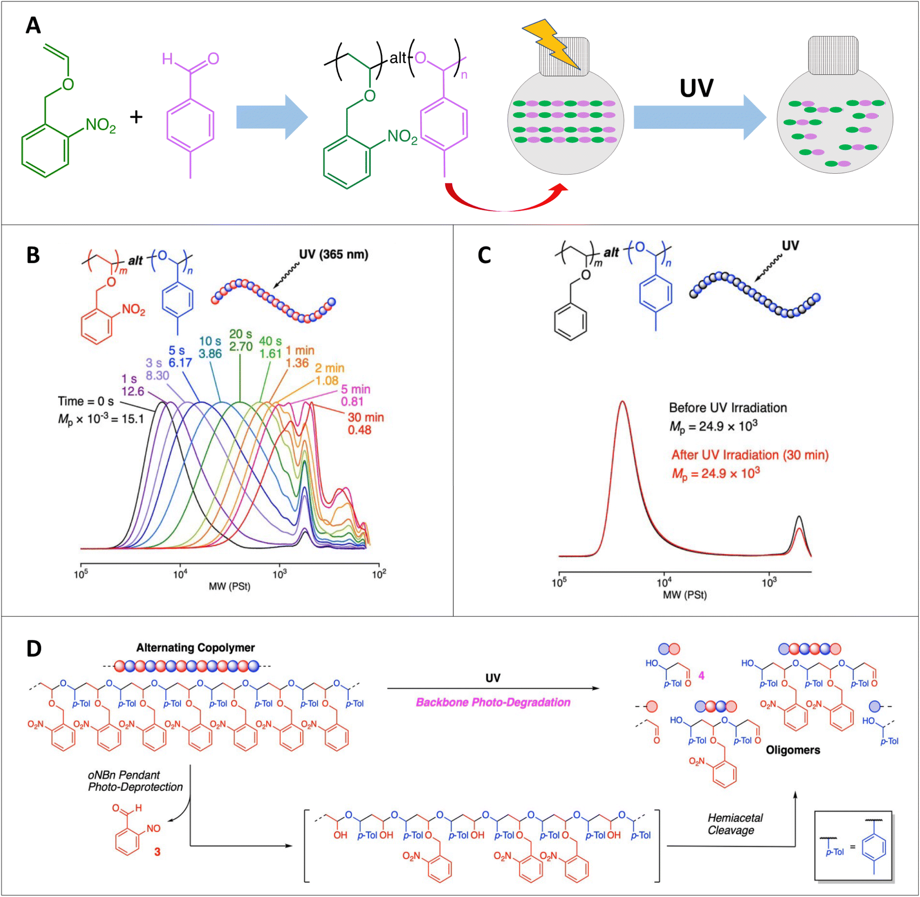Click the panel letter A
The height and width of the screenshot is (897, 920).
click(x=33, y=25)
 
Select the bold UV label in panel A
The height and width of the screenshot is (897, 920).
click(x=697, y=88)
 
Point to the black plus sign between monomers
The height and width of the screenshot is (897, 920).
click(x=136, y=117)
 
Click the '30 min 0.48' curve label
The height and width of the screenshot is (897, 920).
click(x=366, y=424)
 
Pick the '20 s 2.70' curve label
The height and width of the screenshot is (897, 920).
click(x=241, y=341)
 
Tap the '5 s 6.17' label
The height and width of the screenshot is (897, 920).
click(x=180, y=357)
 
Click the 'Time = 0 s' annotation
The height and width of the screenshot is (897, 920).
click(x=86, y=401)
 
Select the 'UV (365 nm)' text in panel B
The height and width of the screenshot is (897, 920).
click(x=334, y=254)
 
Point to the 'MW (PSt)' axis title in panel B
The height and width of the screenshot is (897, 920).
click(x=230, y=587)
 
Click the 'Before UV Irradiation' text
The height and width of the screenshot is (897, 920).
click(x=728, y=407)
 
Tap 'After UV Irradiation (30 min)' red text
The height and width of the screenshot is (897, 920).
click(x=750, y=455)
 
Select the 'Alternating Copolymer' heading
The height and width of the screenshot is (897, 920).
click(x=196, y=648)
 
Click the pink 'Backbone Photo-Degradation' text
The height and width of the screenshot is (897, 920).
click(x=493, y=702)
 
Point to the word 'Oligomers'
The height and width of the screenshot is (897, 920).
click(x=793, y=750)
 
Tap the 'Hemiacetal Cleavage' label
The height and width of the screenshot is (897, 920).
click(x=735, y=824)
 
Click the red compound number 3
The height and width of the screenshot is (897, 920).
click(x=158, y=852)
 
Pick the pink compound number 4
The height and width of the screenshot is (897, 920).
click(x=701, y=676)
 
